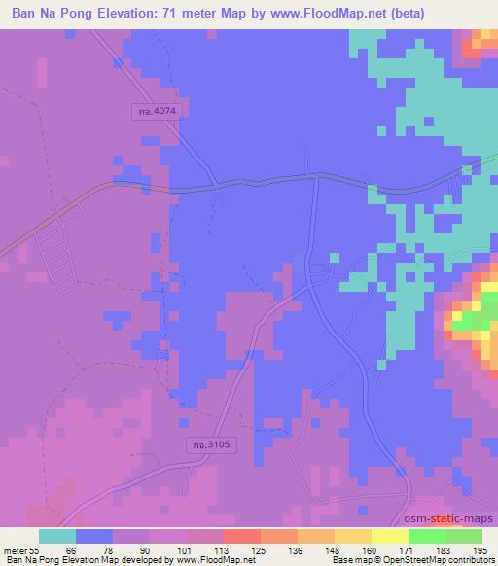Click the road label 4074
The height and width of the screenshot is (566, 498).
tap(155, 112)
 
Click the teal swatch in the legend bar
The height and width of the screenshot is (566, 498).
tap(57, 536)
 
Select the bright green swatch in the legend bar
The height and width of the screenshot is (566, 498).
tap(427, 536)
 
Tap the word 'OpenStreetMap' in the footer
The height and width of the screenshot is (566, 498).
tap(419, 560)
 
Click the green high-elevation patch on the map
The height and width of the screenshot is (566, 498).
tap(471, 319)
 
